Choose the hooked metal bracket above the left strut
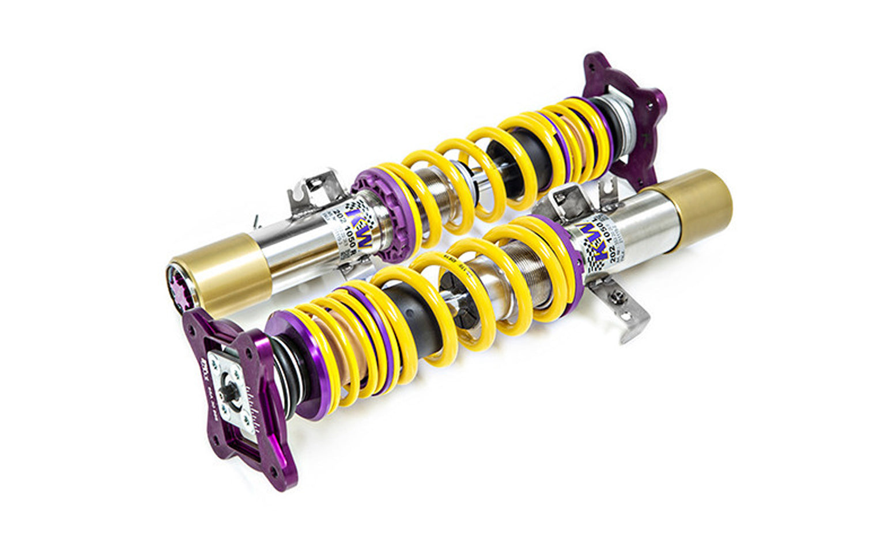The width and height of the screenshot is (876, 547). (314, 187)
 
